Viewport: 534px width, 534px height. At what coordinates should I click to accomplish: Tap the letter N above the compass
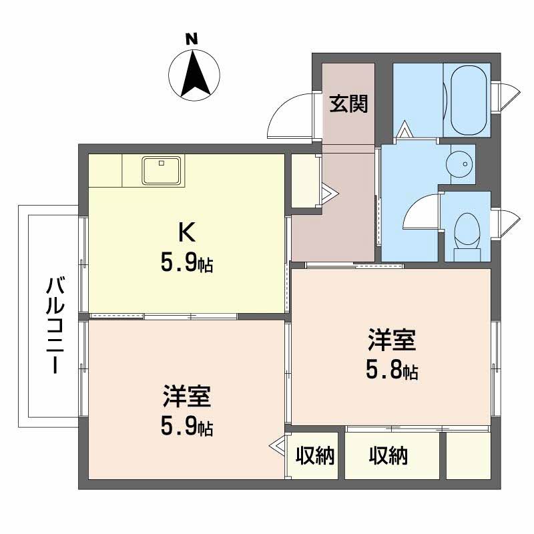tap(192, 39)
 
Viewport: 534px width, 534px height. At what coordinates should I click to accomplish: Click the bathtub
tap(470, 99)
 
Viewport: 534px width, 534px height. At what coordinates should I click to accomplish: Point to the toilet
tap(466, 234)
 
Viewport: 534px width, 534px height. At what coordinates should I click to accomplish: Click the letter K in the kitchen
tap(186, 232)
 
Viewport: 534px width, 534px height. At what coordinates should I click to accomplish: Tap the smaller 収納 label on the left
tap(315, 457)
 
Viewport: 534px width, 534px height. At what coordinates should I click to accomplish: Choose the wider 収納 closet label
tap(388, 457)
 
